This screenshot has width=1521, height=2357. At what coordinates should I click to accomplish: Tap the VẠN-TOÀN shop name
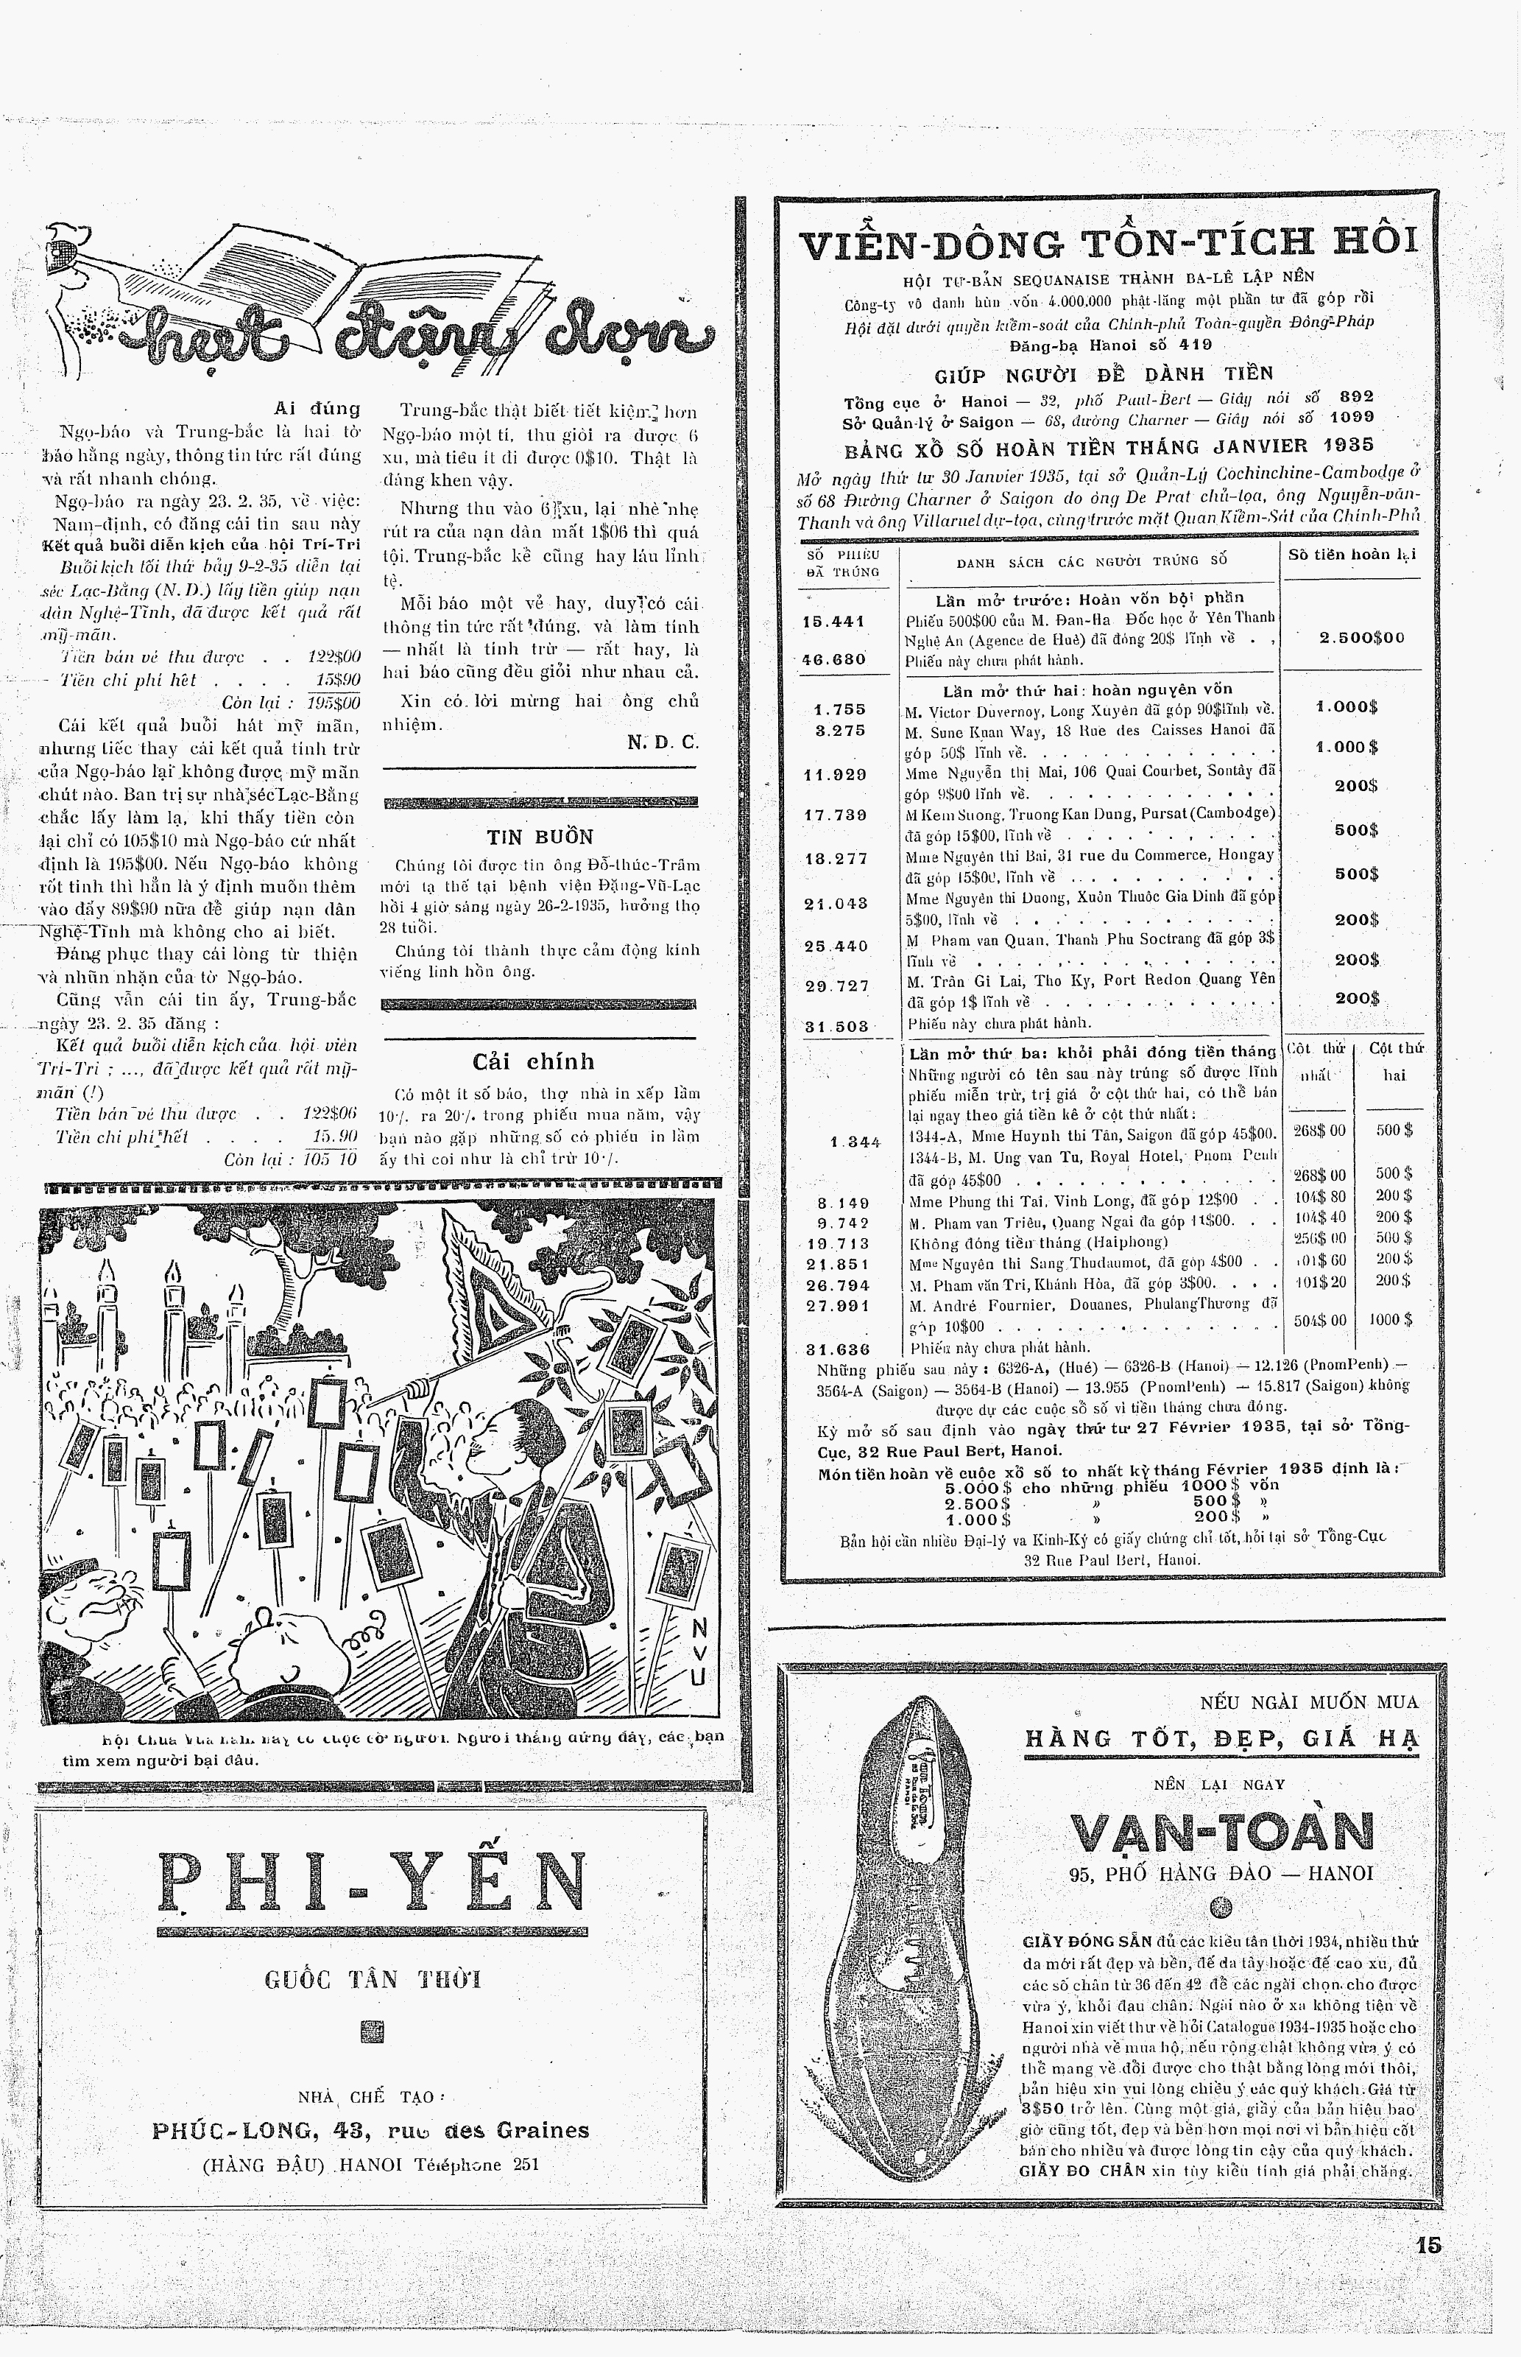[x=1223, y=1833]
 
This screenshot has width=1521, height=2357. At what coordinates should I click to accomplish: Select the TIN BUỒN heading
[x=539, y=837]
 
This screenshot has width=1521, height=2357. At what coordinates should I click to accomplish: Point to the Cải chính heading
[x=533, y=1062]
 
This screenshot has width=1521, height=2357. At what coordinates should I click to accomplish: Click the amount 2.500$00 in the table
[x=1362, y=637]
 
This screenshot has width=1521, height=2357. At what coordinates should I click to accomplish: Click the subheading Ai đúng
[x=316, y=408]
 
